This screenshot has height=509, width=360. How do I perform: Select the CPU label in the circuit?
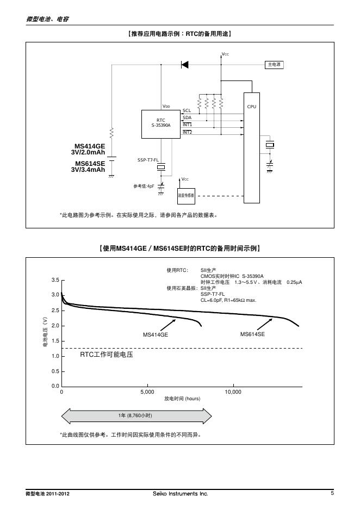tap(251, 107)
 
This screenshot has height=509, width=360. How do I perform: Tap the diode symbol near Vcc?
tap(185, 65)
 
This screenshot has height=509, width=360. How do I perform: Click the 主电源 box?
tap(274, 65)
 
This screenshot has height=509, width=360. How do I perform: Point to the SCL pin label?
tap(187, 110)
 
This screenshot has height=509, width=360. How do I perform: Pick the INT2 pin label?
tap(187, 132)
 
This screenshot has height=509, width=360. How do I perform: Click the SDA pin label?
tap(187, 117)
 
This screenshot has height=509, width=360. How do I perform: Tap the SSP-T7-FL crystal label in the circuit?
tap(148, 160)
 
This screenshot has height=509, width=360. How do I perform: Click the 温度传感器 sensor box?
tap(186, 195)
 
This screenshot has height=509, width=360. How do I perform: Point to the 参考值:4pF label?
tap(144, 187)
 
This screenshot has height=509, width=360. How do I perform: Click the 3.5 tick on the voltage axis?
tap(55, 280)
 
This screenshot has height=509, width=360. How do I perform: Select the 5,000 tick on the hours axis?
tap(147, 392)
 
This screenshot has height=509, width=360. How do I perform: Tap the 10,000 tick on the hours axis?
tap(233, 392)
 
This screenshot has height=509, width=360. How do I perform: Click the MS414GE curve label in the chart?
tap(156, 335)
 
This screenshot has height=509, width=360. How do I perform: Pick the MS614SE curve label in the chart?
tap(252, 334)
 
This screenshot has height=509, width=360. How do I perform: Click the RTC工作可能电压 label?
tap(107, 355)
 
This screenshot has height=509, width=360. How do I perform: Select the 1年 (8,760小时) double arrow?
tap(136, 415)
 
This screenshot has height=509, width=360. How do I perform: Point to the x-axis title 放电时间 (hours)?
tap(182, 399)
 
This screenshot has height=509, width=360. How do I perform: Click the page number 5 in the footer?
tap(332, 493)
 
